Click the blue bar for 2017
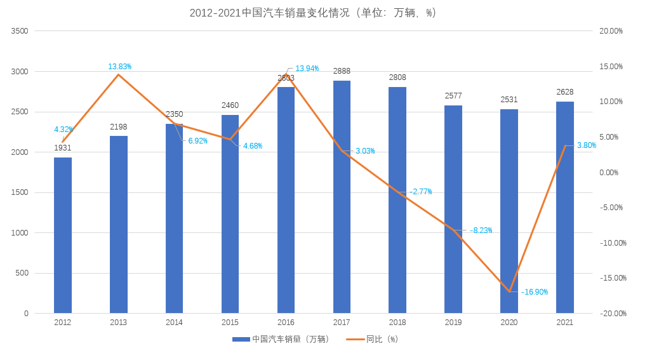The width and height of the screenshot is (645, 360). (342, 197)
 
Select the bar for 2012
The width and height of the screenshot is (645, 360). (63, 235)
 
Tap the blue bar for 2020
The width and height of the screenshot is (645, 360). (509, 211)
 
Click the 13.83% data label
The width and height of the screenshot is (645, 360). (119, 67)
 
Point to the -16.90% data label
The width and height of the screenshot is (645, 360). (535, 292)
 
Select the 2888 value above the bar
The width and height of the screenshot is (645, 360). (342, 71)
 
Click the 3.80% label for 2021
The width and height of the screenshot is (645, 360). (587, 145)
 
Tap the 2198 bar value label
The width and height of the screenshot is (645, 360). (119, 127)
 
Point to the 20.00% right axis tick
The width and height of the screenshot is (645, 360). (611, 31)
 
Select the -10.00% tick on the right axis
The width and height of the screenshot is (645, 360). (612, 243)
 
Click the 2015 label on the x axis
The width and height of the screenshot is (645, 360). (230, 323)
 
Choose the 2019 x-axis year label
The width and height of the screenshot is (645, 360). (453, 323)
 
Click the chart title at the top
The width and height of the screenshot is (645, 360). (313, 13)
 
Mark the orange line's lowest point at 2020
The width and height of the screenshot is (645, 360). (509, 291)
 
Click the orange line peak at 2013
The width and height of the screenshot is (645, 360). (119, 75)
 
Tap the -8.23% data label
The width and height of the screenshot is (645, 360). (481, 230)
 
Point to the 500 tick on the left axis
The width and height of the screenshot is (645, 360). (23, 274)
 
